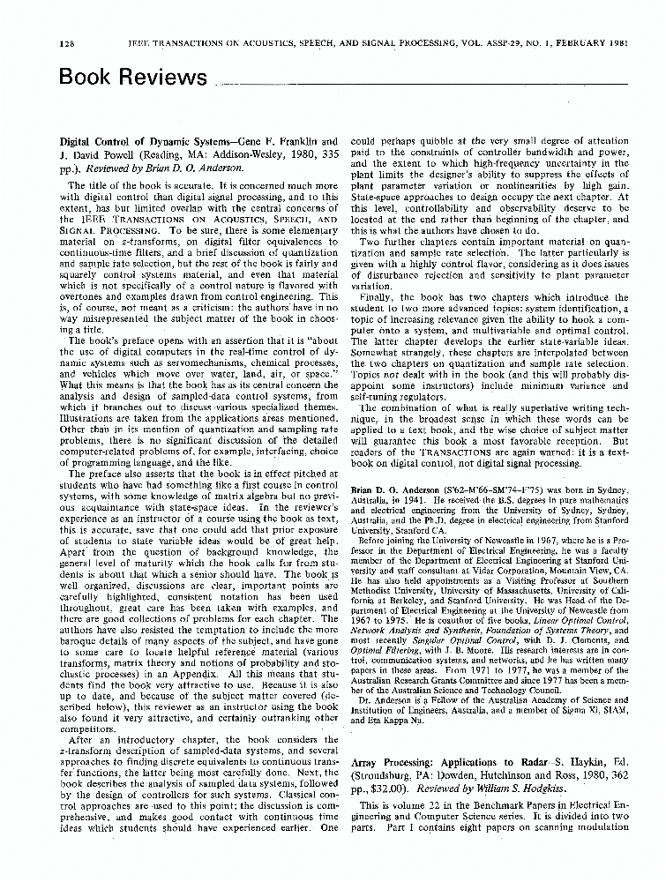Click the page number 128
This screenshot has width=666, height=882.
pos(67,20)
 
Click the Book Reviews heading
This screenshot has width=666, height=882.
pos(131,77)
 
